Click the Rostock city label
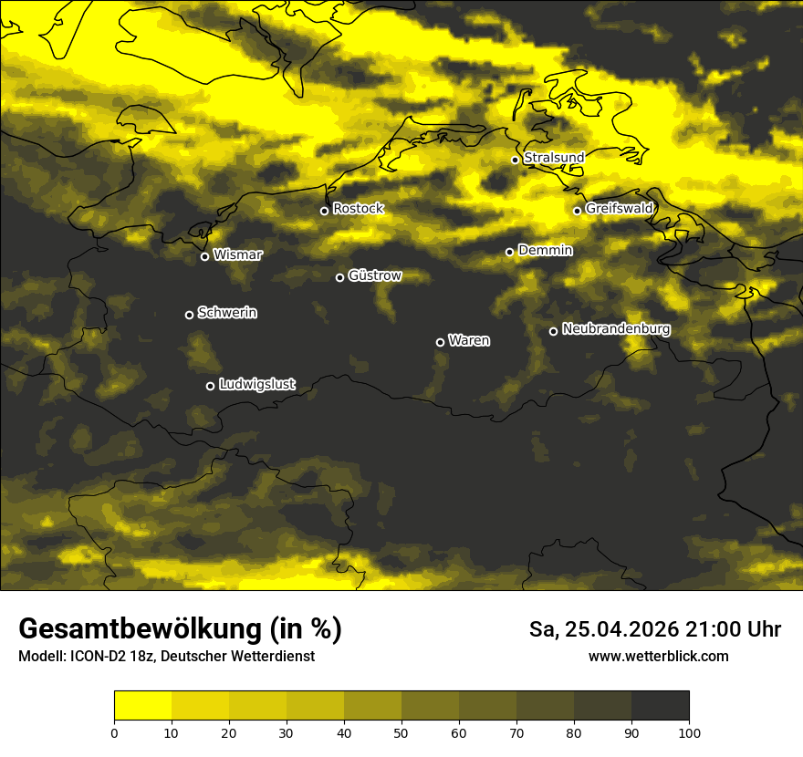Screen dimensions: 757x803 pos(358,209)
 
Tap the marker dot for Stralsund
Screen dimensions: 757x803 pos(515,160)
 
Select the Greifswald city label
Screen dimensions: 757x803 pos(619,209)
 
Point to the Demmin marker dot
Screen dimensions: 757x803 pos(509,252)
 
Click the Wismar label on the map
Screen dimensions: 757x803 pos(237,255)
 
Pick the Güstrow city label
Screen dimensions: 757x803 pos(374,275)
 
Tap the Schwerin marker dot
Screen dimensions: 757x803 pos(189,315)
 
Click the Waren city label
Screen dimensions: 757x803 pos(469,341)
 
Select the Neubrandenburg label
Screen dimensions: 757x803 pos(616,329)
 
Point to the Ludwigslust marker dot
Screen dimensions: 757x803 pos(210,386)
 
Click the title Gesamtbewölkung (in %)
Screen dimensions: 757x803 pos(180,629)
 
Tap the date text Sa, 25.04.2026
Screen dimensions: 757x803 pos(603,629)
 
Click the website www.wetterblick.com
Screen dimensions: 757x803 pos(659,657)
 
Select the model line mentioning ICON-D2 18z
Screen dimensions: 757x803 pos(166,657)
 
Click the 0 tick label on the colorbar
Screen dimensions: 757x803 pos(114,731)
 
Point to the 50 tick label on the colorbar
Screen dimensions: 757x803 pos(401,731)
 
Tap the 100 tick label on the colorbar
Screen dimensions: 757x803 pos(689,731)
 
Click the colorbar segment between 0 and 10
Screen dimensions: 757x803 pos(142,705)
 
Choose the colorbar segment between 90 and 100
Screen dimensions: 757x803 pos(660,705)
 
